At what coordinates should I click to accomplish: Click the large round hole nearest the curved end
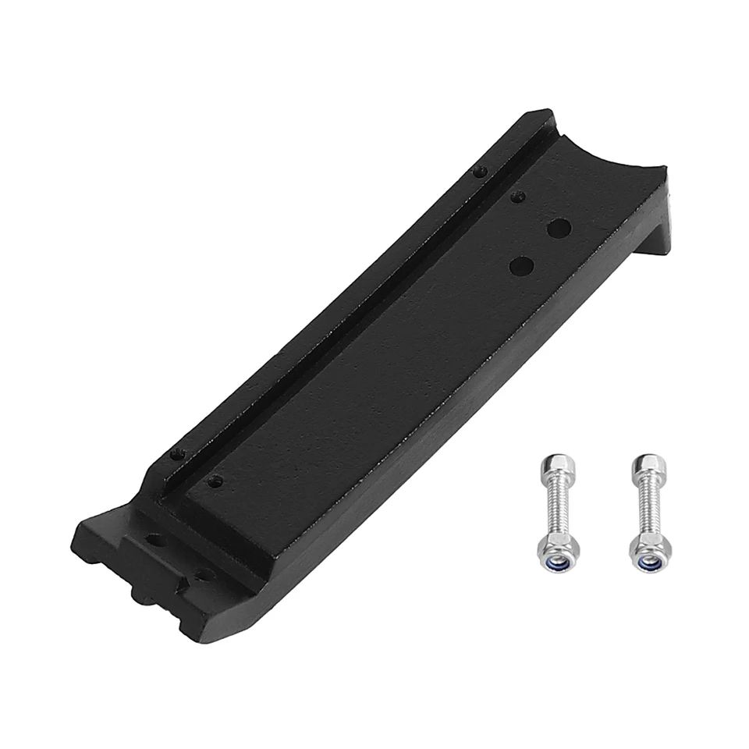click(x=559, y=229)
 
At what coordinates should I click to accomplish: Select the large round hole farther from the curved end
click(x=521, y=266)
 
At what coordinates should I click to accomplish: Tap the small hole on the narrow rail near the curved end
click(x=481, y=171)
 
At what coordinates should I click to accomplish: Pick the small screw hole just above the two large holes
click(x=516, y=197)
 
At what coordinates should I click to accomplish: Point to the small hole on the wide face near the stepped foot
click(x=215, y=481)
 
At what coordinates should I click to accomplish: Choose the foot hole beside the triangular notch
click(x=204, y=575)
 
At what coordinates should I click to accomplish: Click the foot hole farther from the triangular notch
click(x=156, y=540)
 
